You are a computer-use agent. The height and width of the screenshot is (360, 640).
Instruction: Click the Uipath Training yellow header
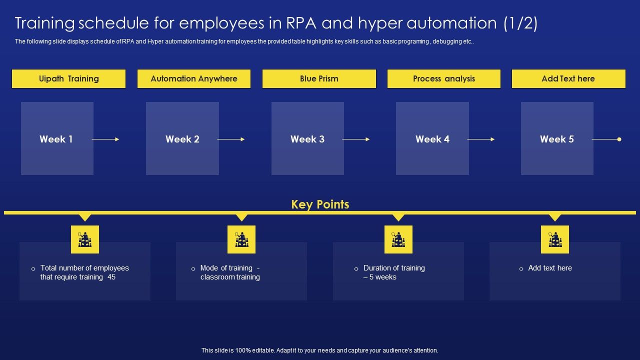[68, 79]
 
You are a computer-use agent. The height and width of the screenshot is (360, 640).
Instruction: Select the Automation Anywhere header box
[194, 79]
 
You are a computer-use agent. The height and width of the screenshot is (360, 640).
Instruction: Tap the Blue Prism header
[319, 79]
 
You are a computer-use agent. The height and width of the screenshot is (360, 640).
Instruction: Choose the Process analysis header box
[444, 79]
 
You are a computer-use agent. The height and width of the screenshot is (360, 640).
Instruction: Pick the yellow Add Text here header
[568, 79]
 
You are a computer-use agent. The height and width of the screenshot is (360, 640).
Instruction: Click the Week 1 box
[57, 138]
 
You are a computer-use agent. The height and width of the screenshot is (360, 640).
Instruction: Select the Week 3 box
[307, 138]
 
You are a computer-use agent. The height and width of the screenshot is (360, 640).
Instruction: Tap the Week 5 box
[557, 138]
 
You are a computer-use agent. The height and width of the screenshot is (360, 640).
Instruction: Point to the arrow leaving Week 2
[231, 139]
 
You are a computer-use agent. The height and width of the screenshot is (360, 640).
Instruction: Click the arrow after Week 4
[481, 139]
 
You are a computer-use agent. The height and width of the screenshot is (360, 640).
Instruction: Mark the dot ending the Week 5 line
[619, 139]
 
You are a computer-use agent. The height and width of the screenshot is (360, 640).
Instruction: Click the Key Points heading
[320, 204]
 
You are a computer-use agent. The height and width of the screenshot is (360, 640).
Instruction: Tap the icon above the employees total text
[85, 239]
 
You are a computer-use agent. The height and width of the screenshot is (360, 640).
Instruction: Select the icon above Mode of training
[241, 239]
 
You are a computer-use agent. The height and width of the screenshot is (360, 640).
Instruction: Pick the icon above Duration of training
[398, 239]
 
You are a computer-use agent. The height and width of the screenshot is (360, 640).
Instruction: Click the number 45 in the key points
[111, 277]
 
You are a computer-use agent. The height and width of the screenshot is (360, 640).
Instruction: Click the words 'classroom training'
[230, 277]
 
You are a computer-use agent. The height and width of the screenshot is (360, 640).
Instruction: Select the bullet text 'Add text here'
[550, 268]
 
